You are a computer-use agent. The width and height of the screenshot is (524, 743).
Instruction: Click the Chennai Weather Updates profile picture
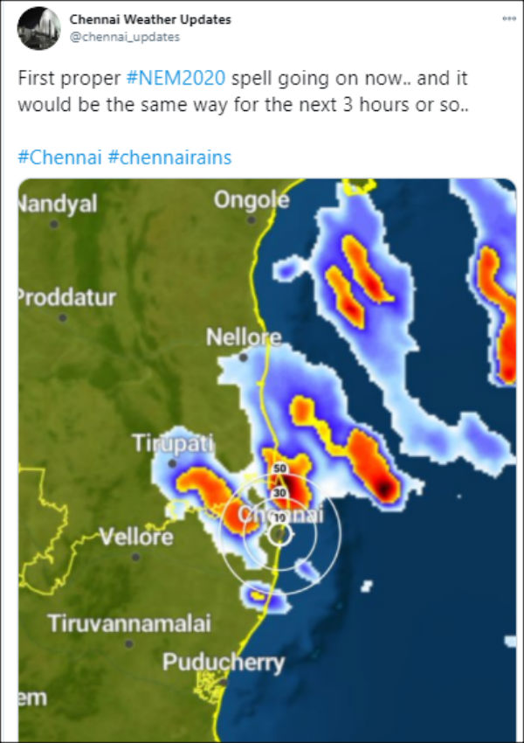coord(37,29)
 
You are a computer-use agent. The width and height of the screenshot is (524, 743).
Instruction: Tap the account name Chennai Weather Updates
coord(150,19)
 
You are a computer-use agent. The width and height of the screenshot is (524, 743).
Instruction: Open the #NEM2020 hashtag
coord(176,78)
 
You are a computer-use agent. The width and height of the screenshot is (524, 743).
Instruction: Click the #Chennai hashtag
coord(59,157)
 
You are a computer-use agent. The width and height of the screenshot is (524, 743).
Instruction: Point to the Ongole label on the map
coord(252,200)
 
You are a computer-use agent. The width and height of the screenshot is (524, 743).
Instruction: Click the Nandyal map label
coord(58,204)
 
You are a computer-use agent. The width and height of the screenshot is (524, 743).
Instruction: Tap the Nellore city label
coord(244,337)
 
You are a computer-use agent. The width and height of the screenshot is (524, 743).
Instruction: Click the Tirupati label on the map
coord(173,443)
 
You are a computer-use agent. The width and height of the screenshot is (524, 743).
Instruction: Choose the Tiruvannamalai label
coord(128,624)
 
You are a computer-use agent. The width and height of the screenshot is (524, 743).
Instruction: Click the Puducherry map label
coord(224,663)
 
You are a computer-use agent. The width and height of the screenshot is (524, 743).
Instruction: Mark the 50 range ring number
coord(279,469)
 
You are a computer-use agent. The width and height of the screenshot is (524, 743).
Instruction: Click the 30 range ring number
coord(279,493)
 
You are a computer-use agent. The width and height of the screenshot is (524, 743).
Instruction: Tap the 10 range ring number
coord(279,518)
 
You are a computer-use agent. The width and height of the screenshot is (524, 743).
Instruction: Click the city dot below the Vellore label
coord(135,556)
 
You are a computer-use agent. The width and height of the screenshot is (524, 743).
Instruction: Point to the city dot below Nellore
coord(244,357)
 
